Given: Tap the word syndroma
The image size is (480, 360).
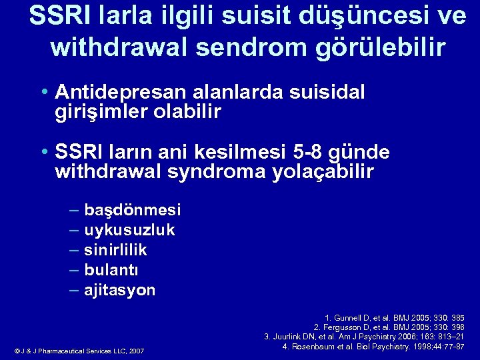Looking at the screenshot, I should pyautogui.click(x=217, y=173).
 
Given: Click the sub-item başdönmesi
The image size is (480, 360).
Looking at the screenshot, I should pyautogui.click(x=132, y=211).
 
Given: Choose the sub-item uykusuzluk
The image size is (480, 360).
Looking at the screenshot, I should pyautogui.click(x=129, y=231).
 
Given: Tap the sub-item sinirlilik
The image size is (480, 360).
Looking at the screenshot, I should pyautogui.click(x=115, y=251).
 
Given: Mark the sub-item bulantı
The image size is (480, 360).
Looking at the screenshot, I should pyautogui.click(x=111, y=271).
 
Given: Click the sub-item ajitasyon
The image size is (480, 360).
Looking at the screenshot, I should pyautogui.click(x=119, y=291).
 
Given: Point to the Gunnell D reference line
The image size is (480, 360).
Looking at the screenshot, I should pyautogui.click(x=394, y=318).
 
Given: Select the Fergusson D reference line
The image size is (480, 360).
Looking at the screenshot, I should pyautogui.click(x=389, y=327).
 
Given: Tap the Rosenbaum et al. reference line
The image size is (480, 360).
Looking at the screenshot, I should pyautogui.click(x=373, y=347).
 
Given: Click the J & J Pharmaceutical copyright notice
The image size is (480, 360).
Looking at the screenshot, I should pyautogui.click(x=79, y=351).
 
